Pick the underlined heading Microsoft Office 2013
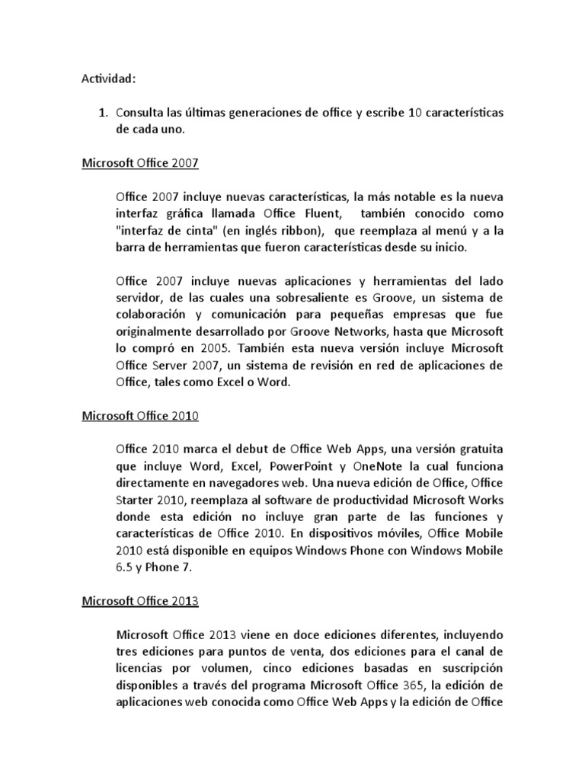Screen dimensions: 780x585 click(x=139, y=600)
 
